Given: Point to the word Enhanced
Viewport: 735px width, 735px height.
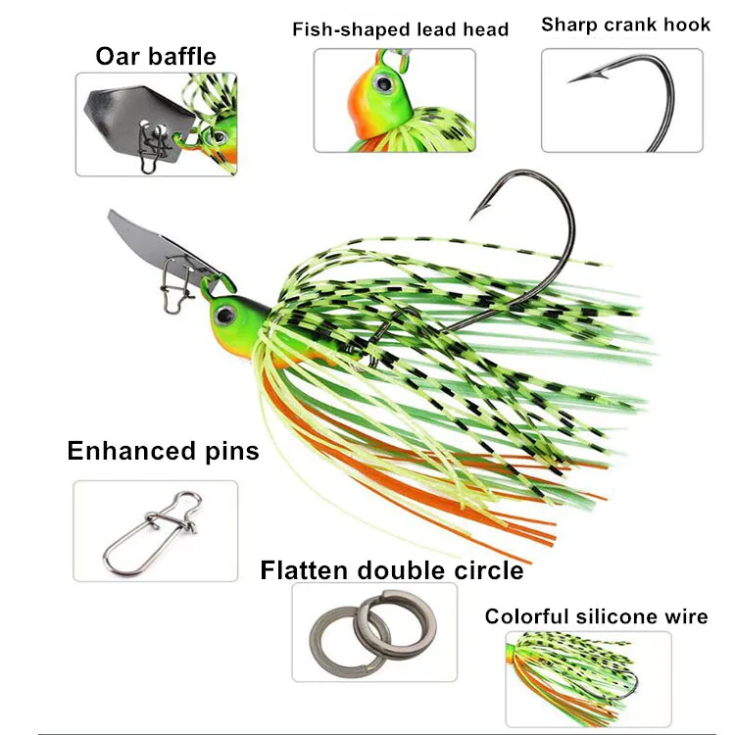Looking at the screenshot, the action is tap(131, 451).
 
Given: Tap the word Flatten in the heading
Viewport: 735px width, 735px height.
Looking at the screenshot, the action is tap(307, 570).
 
